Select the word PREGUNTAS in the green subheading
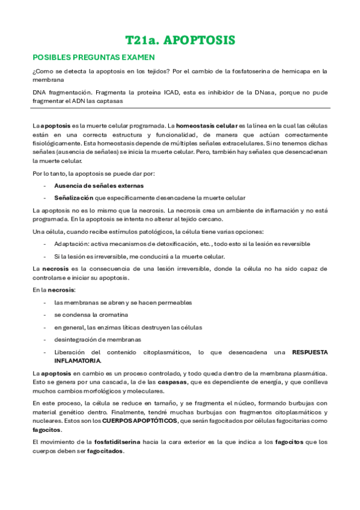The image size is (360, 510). pos(96,57)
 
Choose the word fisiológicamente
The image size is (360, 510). pos(59,144)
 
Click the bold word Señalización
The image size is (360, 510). pos(74,198)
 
